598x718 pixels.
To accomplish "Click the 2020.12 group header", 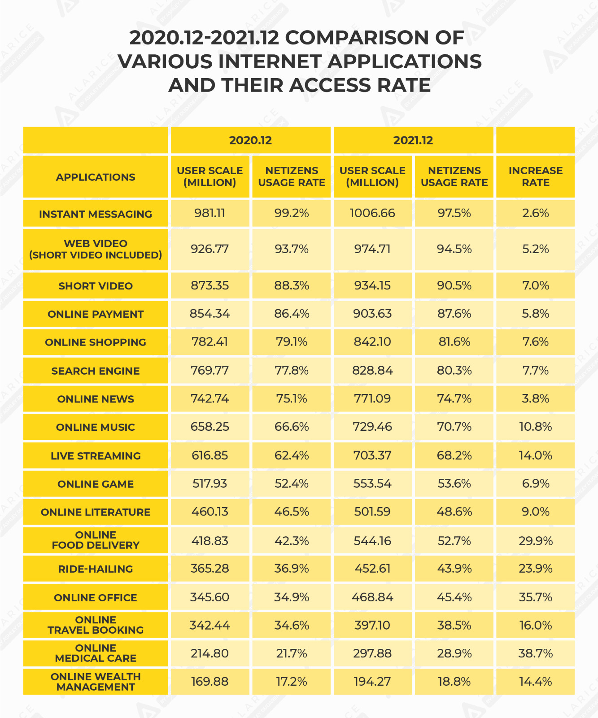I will (250, 140).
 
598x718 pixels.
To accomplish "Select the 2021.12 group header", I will (413, 140).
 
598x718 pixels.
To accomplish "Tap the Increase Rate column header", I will (535, 177).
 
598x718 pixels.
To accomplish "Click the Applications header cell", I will (96, 177).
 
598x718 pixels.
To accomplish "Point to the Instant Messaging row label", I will (96, 214).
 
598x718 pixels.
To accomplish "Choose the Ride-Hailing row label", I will (96, 569).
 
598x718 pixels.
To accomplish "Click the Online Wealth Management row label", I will (96, 682).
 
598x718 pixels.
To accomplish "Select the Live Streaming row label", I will (96, 456).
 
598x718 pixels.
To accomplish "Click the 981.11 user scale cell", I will (210, 213).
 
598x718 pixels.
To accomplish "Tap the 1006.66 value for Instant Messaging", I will (372, 213).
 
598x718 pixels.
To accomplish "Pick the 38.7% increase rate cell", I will (535, 653).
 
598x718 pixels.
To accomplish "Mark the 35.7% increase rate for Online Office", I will (535, 597).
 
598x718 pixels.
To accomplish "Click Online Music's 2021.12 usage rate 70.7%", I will (454, 427).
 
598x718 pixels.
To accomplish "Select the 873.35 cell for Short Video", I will (210, 285).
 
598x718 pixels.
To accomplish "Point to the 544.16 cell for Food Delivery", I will (372, 541).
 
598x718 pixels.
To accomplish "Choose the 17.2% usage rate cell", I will (292, 682).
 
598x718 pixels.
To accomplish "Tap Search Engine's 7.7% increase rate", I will (535, 371).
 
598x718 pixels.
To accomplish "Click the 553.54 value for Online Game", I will (372, 484).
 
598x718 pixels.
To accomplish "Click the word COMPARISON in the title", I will (364, 38).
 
